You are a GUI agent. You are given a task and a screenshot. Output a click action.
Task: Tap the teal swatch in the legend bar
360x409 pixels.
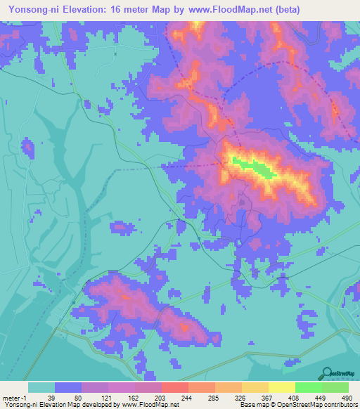(41, 387)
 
